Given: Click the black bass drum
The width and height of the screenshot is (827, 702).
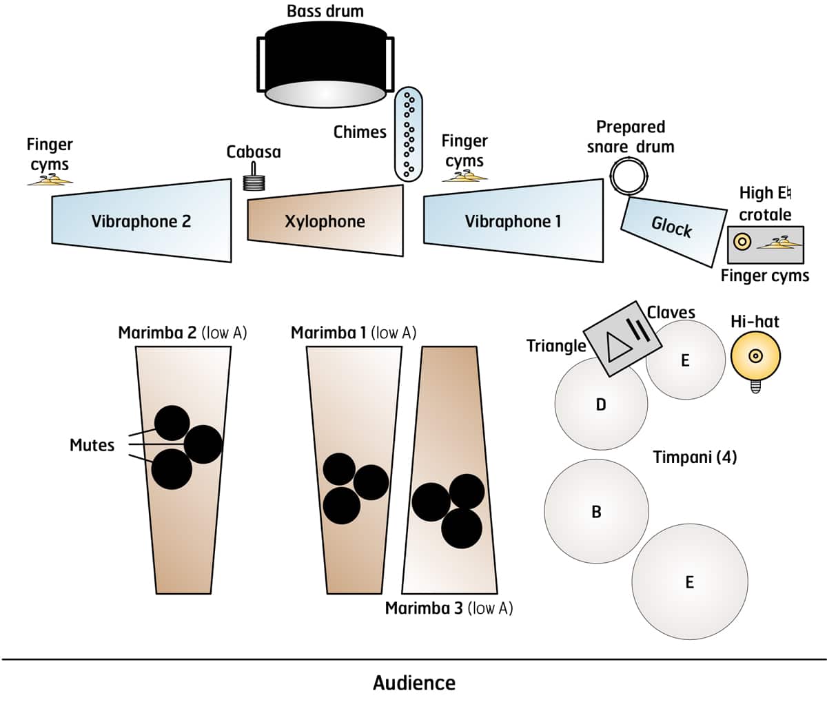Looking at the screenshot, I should click(325, 62).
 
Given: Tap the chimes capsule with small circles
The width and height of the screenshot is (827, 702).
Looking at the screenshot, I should click(408, 134).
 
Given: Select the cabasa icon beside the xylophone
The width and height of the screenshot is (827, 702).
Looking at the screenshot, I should click(255, 180).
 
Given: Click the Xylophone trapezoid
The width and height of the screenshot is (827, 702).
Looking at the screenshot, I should click(325, 221).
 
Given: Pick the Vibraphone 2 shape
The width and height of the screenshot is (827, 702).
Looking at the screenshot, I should click(141, 221).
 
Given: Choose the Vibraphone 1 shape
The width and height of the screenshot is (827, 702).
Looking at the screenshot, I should click(513, 221).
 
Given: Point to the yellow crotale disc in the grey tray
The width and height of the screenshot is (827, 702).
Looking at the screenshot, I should click(742, 242).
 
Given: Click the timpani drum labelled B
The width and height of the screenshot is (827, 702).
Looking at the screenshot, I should click(596, 511).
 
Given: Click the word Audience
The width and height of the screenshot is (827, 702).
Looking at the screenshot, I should click(413, 683).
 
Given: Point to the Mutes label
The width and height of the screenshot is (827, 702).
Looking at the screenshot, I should click(92, 445).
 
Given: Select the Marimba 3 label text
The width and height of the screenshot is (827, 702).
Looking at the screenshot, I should click(449, 608).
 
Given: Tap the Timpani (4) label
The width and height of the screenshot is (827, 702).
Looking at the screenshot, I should click(695, 457).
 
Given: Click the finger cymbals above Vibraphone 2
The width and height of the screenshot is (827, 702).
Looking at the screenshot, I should click(50, 179).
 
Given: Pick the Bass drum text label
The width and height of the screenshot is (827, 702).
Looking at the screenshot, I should click(325, 11).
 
